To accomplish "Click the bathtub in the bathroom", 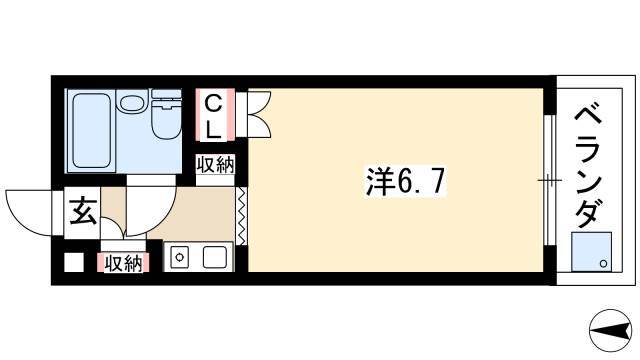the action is point(91,131).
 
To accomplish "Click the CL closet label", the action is point(213,116).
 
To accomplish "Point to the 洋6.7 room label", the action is point(405,182).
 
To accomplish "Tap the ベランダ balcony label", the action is point(589,166).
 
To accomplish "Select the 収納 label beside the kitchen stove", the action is point(123,263).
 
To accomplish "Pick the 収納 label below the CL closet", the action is point(216,165).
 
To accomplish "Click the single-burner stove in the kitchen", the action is point(178,258).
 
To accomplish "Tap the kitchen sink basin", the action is point(215,258).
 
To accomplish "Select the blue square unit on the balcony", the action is point(591,252).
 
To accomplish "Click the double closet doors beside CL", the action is point(259,114).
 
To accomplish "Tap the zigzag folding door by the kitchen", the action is point(241,216).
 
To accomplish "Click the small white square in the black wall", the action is point(74,262).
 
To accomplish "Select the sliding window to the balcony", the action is point(550,180).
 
